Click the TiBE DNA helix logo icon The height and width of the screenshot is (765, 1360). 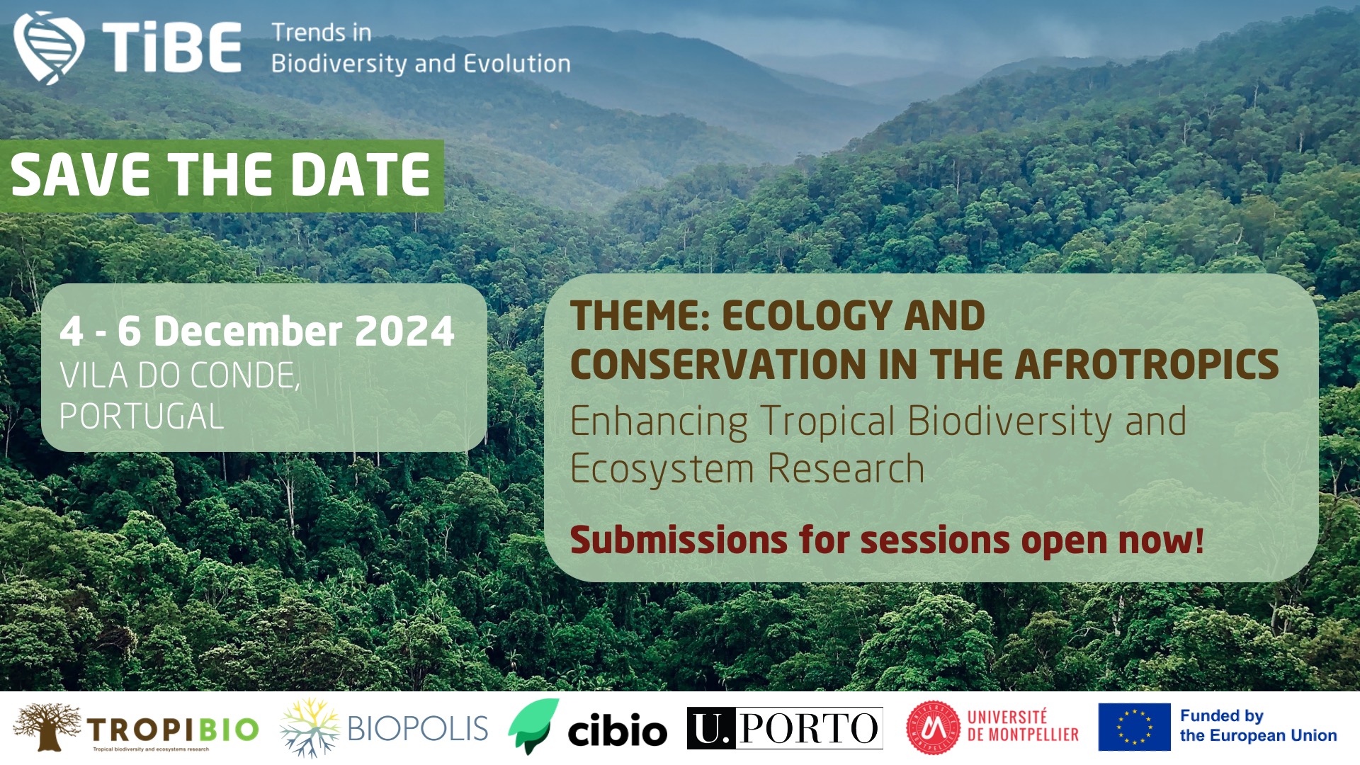(49, 47)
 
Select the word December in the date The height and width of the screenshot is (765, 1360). (248, 331)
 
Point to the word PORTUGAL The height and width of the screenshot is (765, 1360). (142, 416)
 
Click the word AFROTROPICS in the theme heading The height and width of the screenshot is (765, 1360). (1147, 364)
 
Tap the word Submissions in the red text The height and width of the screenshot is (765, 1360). (679, 540)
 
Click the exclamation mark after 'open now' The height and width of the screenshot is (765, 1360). (1198, 540)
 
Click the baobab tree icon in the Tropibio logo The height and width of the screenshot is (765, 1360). (47, 727)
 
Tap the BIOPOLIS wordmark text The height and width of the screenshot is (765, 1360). (418, 728)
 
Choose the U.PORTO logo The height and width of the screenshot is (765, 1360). (785, 727)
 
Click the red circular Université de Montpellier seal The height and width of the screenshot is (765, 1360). (934, 728)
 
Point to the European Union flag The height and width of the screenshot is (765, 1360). (1134, 727)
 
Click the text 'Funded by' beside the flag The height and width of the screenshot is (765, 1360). (1222, 716)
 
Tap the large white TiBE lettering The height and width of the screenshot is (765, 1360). (172, 47)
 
